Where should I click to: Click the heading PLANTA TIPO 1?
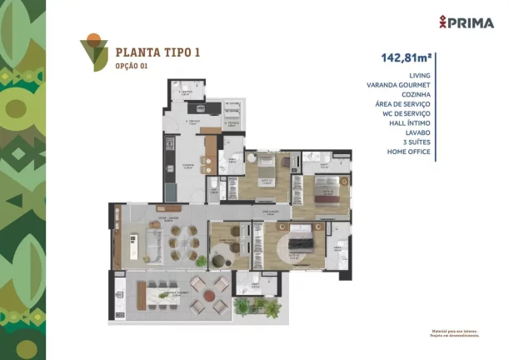(x=157, y=52)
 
